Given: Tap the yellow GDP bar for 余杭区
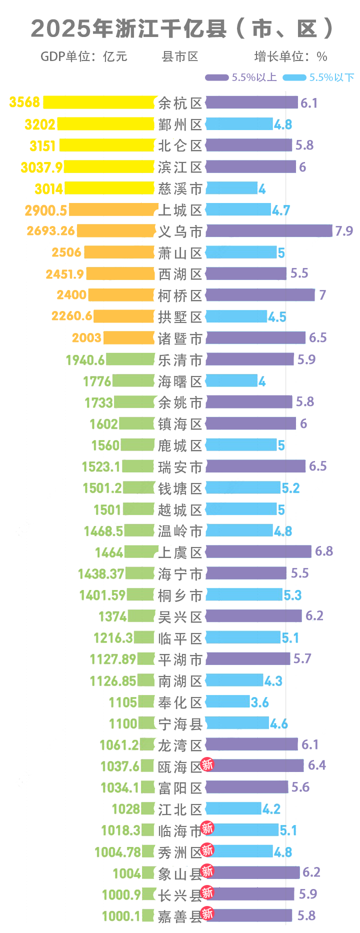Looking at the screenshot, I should point(98,102).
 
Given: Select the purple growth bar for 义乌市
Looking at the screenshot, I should point(268,230).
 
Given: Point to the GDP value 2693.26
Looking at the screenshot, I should point(50,230).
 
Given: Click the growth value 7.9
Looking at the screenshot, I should point(343,231).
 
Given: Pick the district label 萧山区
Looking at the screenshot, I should point(180,253).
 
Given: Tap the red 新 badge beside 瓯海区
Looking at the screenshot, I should point(207,764).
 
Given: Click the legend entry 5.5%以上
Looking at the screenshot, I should point(241,77).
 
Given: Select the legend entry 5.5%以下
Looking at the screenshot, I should point(318,77).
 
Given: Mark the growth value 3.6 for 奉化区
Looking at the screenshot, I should point(259,702).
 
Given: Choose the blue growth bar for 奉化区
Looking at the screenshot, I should point(227,701).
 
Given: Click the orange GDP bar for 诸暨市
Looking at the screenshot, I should point(128,338).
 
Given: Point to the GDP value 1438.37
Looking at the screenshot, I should point(100,573).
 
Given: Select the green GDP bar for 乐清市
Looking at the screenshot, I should point(130,359).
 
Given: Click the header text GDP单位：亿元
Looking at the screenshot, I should point(84,56).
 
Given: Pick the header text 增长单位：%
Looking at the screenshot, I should point(290,56).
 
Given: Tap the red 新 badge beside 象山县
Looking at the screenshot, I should point(207,871).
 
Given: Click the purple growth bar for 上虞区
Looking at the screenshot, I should point(258,551).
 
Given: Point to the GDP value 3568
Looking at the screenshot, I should point(24,102).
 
